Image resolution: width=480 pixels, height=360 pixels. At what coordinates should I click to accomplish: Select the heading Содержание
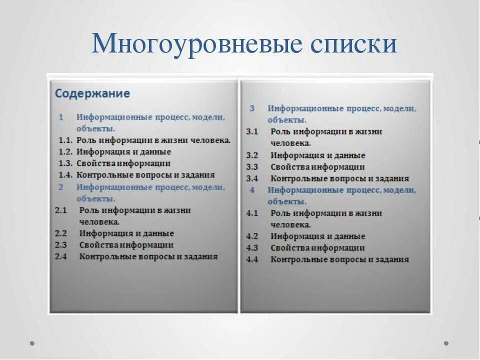coord(92,93)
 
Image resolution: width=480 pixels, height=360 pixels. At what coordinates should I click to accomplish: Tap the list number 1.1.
coord(65,140)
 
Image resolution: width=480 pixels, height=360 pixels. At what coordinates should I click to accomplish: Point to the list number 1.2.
coord(65,152)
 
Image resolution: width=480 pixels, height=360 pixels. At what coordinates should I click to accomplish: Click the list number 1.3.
coord(65,163)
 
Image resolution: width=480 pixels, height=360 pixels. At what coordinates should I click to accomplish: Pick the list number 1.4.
coord(65,175)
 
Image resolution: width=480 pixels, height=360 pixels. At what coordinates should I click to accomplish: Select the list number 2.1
coord(61,210)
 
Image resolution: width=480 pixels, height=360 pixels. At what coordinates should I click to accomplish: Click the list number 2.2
coord(61,233)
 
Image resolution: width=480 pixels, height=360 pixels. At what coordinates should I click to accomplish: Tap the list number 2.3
coord(61,245)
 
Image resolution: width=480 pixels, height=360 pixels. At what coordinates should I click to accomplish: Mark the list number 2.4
coord(61,256)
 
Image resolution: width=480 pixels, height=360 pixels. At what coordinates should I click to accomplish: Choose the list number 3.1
coord(252,131)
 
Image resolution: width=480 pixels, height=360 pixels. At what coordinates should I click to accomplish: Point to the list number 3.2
coord(252,155)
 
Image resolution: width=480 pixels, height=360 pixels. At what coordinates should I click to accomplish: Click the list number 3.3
coord(252,167)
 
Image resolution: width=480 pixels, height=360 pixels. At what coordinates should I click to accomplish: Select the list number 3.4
coord(252,178)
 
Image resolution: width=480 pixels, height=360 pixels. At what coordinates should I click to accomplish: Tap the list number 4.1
coord(252,213)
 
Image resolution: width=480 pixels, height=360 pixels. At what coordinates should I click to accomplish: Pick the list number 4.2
coord(252,236)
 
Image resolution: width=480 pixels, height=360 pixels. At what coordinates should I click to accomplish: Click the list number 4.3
coord(252,248)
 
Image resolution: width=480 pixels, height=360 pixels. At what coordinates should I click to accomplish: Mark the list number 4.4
coord(252,259)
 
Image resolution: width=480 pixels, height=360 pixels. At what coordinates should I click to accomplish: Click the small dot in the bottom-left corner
coord(32,343)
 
